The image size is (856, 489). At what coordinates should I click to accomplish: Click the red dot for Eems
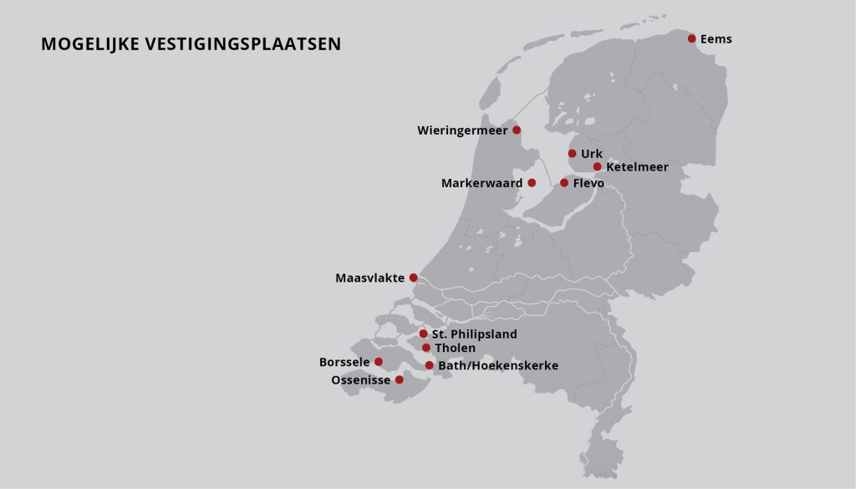pos(692,38)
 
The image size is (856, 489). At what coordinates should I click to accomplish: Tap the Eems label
pos(716,39)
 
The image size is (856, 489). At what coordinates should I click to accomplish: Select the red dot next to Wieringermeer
pos(517,130)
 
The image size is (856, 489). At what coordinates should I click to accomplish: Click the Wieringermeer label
pos(462,130)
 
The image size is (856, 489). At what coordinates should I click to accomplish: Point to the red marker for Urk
pos(572,153)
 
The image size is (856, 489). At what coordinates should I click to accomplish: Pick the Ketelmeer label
pos(637,167)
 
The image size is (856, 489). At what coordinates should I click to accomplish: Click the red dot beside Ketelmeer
pos(597,166)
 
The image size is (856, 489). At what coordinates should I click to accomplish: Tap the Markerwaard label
pos(481,183)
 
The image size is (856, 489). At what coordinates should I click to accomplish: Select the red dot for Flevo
pos(564,182)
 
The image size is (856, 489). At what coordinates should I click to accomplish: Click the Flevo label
pos(588,183)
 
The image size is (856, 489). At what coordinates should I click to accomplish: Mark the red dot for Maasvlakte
pos(413,278)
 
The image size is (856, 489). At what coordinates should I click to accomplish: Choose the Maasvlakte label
pos(369,278)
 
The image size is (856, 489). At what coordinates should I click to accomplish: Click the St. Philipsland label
pos(474,334)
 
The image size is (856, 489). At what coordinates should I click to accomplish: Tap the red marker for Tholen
pos(426,348)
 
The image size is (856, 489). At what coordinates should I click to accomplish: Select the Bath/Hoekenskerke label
pos(498,366)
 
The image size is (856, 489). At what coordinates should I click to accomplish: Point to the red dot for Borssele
pos(379,362)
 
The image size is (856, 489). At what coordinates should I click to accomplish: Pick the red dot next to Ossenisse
pos(399,379)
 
